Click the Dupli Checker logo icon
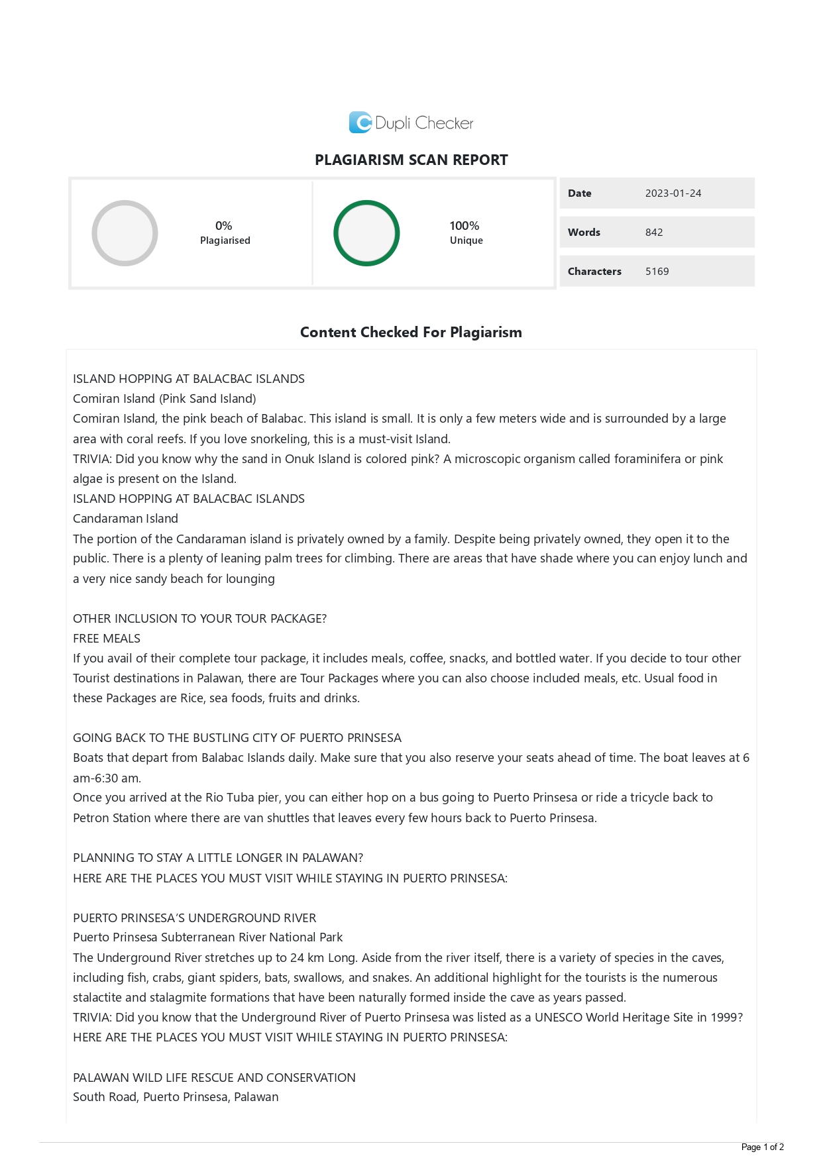coord(360,123)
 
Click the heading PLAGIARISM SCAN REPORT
coord(411,160)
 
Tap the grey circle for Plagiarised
coord(125,233)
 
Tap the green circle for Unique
coord(366,233)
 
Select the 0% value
coord(224,226)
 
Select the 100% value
coord(465,226)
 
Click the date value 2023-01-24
coord(673,193)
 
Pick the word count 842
coord(654,233)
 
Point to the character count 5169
coord(657,272)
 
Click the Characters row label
coord(594,272)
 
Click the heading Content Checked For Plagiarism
coord(411,333)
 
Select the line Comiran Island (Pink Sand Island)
coord(164,399)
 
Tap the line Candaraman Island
coord(125,519)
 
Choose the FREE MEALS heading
coord(107,639)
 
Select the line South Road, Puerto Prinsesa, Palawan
coord(176,1097)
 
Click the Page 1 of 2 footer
coord(762,1147)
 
